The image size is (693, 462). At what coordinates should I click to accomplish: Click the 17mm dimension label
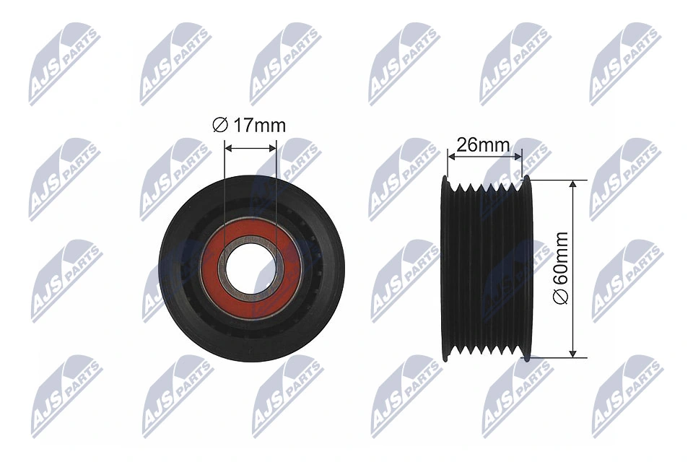(258, 126)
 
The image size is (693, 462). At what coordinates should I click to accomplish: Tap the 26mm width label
(484, 144)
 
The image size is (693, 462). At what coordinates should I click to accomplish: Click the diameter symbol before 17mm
(219, 126)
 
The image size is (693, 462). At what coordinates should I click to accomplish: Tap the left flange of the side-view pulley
(445, 268)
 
